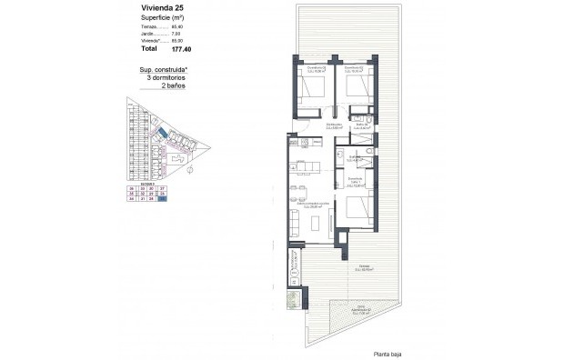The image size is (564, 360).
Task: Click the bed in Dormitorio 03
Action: (307, 90)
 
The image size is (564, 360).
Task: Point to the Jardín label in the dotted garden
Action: (364, 312)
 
